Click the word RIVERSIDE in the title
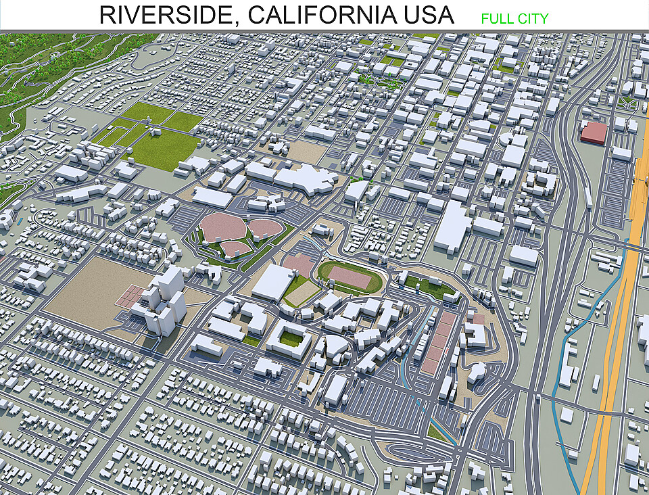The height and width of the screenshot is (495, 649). coord(168,15)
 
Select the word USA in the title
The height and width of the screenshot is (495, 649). coord(429,15)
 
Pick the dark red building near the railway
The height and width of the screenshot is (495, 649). coord(594,132)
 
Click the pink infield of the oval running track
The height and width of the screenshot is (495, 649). coord(350,277)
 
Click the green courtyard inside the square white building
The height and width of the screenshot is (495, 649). coord(290,337)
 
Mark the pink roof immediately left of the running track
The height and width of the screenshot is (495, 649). coord(298,264)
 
